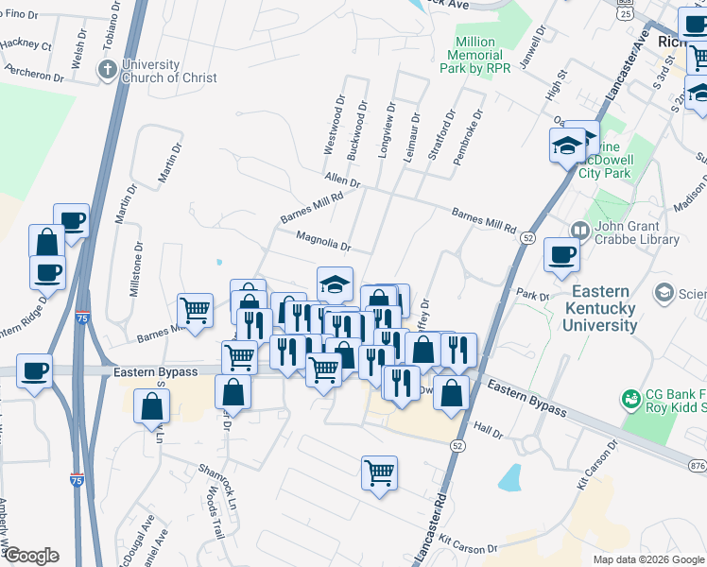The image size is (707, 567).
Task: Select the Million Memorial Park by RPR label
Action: coord(474,56)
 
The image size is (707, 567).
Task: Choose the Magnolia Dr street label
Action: coord(323,242)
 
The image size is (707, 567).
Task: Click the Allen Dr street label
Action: coord(342,180)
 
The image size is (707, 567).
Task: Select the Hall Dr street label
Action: coord(489,431)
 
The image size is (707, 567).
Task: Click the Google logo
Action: coord(31,556)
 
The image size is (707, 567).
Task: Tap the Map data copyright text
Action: coord(648,559)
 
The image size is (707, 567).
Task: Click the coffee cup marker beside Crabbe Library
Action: coord(561,255)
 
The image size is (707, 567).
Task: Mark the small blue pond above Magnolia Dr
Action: coord(218,262)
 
